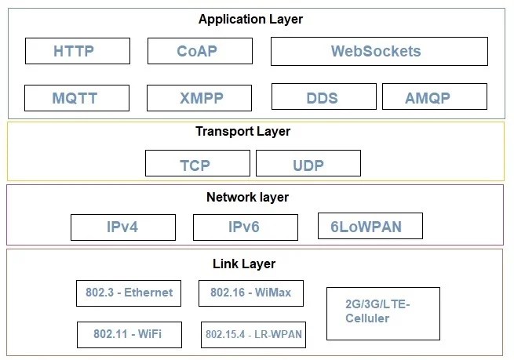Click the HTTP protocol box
point(74,52)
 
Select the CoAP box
point(197,52)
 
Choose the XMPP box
point(199,98)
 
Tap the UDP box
point(308,164)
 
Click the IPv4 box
point(122,227)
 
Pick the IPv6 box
point(245,227)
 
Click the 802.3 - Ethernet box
point(129,293)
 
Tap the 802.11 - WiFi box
point(129,334)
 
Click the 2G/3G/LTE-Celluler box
point(382,313)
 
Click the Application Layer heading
point(250,19)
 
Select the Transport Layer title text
point(242,131)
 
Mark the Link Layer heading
point(244,264)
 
